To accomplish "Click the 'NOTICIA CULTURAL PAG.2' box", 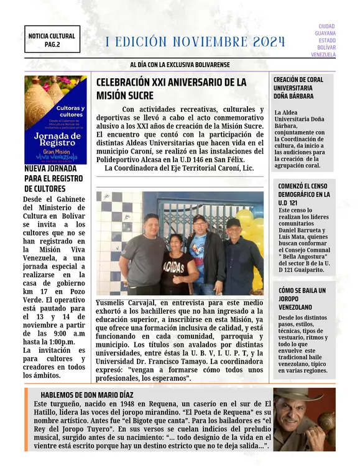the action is pyautogui.click(x=52, y=40).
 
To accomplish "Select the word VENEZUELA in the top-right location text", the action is pyautogui.click(x=323, y=55).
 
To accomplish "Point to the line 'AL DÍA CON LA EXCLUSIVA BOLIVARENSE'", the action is pyautogui.click(x=180, y=65).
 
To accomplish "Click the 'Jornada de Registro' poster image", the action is pyautogui.click(x=55, y=119).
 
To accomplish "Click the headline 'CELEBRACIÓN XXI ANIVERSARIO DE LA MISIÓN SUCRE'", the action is pyautogui.click(x=171, y=89).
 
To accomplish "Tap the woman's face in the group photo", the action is pyautogui.click(x=175, y=241).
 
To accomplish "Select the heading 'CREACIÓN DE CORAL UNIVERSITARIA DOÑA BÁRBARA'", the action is pyautogui.click(x=298, y=88).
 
